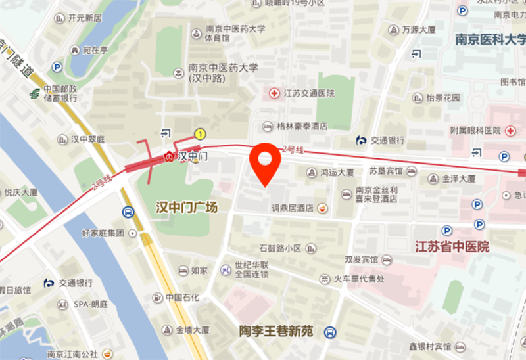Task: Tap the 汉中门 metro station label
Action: [193, 156]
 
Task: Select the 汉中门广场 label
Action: [186, 207]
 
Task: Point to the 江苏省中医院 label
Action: [452, 247]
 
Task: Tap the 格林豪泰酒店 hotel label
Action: [302, 125]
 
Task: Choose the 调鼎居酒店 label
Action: [293, 208]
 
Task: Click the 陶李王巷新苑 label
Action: [275, 332]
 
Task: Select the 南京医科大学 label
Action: [490, 39]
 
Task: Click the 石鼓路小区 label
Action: [279, 248]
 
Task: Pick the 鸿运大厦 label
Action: [337, 173]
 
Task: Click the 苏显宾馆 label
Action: [385, 171]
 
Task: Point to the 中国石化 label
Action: [182, 298]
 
